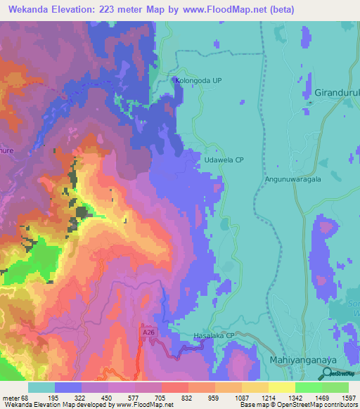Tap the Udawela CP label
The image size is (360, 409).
[224, 160]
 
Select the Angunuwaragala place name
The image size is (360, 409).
[292, 179]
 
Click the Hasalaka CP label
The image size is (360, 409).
[213, 337]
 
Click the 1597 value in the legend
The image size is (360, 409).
[348, 398]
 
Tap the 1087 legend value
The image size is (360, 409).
[242, 398]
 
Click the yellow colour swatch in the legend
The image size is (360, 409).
[281, 387]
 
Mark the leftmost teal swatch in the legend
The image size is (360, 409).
[41, 387]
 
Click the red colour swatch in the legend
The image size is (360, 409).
[175, 387]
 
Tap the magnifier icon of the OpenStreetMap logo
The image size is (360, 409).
[326, 374]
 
